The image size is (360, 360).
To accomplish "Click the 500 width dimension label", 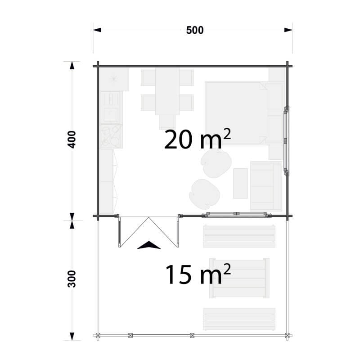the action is coord(195,30).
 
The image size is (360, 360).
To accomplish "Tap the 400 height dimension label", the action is coord(72,139).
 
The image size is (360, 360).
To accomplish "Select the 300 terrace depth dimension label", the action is coord(72,279).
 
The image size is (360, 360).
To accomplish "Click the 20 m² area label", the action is coord(198,139).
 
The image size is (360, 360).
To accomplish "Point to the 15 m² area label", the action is coord(198,274).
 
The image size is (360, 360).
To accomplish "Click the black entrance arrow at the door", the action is coord(149,245).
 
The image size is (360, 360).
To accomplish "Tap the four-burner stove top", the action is coord(111,136).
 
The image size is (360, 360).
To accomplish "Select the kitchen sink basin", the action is coord(111,114).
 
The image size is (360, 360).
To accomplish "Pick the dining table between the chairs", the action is coord(167,91).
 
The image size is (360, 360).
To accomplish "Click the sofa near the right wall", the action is coord(266,186).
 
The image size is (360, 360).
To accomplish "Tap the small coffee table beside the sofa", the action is coord(240,184).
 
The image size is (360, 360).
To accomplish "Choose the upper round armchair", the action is coord(216,163).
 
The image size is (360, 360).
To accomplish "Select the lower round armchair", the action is coord(204,194).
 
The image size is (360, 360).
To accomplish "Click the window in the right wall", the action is coord(286,141).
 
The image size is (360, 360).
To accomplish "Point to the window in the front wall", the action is coord(237,215).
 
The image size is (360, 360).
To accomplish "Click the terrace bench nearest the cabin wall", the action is coord(239,237).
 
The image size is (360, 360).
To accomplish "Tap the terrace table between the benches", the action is coord(239,278).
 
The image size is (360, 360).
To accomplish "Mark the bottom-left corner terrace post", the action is coord(98,335).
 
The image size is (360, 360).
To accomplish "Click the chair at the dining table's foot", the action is coord(167,121).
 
